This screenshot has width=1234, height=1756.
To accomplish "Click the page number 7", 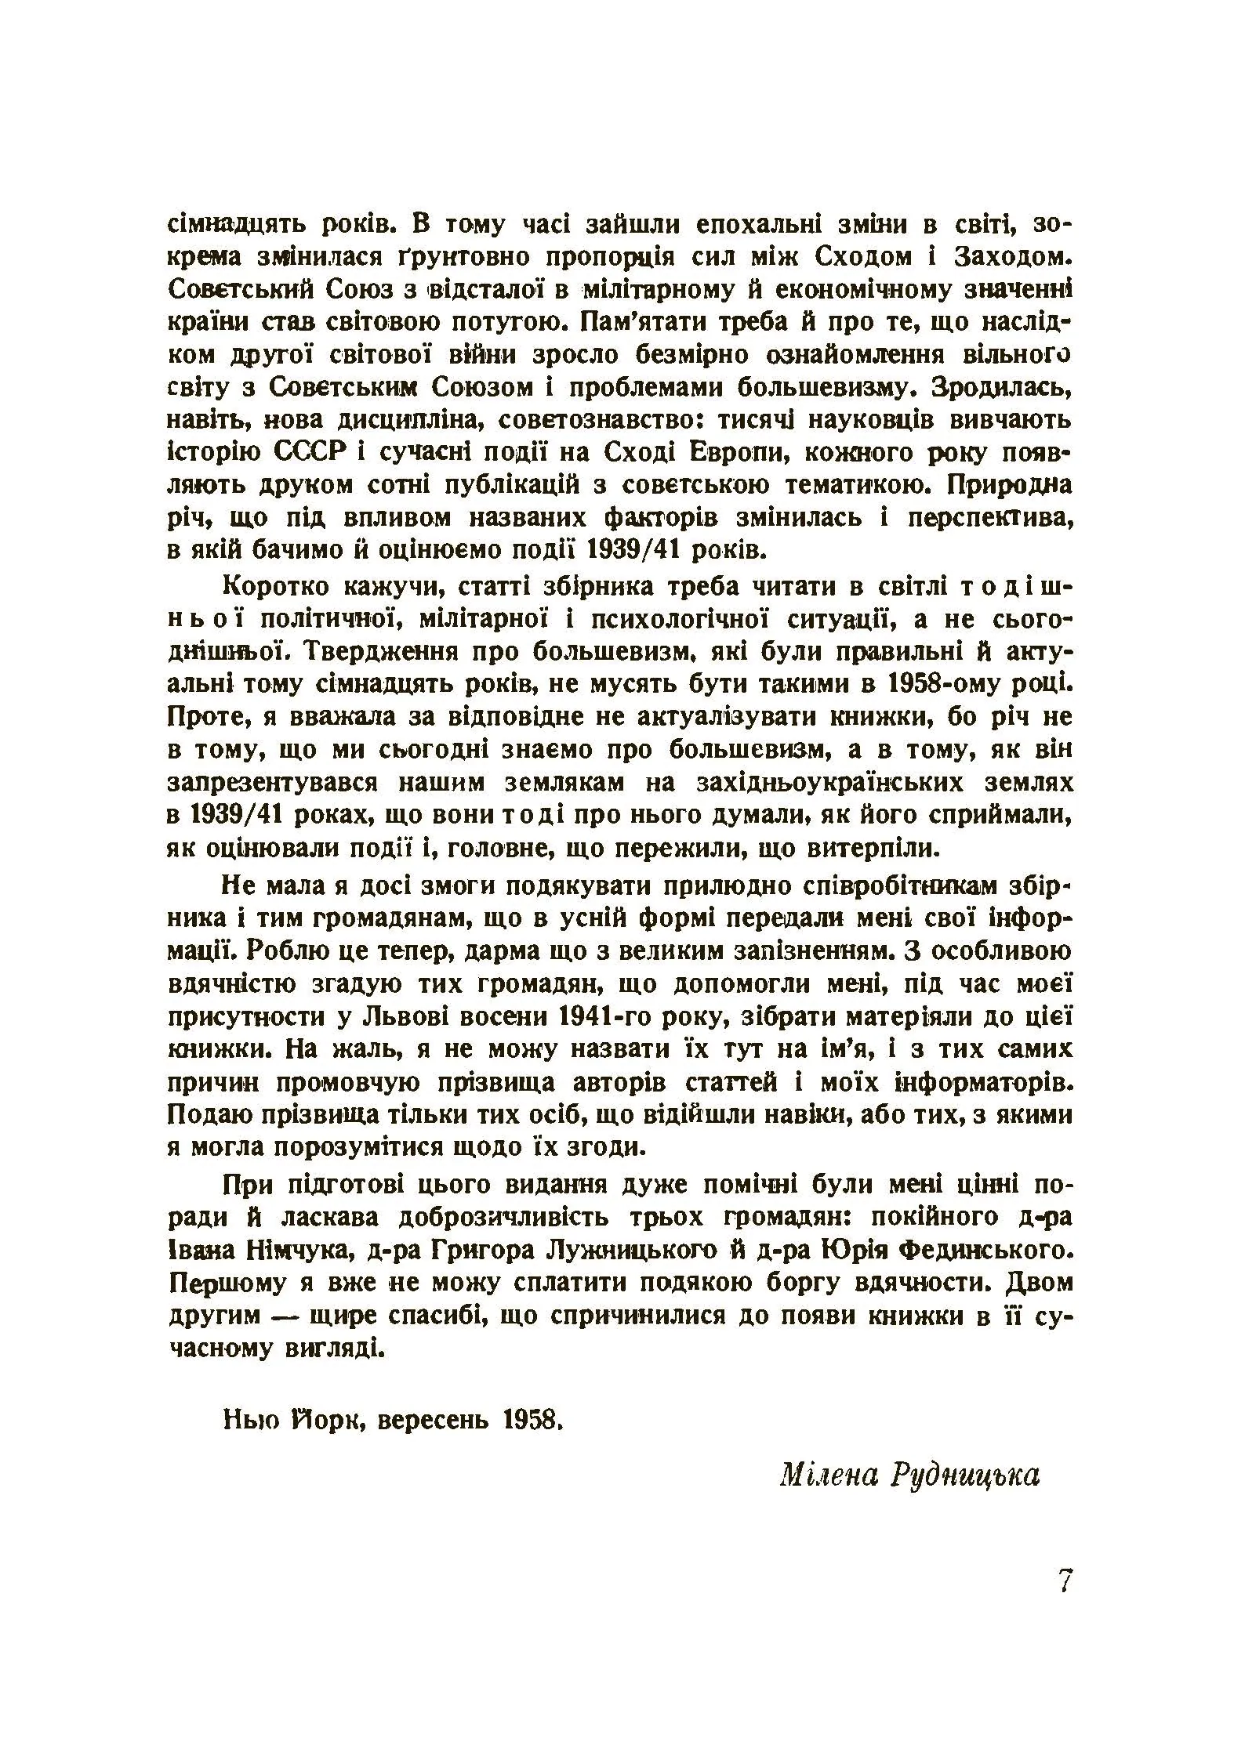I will pos(1063,1580).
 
